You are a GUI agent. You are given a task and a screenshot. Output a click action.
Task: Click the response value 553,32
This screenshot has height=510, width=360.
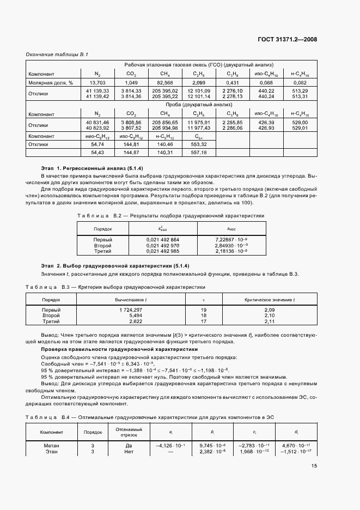coord(199,144)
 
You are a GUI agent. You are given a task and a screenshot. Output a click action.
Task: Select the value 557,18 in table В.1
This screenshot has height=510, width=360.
coord(199,153)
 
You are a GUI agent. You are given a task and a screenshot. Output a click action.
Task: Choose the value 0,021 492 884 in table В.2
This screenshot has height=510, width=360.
coord(163,240)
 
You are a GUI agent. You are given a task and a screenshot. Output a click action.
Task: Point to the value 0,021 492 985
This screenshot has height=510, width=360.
coord(163,251)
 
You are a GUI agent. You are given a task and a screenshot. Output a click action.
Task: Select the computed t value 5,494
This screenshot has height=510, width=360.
coord(135,315)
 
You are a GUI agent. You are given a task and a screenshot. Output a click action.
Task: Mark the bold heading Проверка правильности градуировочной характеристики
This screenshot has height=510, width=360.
coord(120,349)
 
